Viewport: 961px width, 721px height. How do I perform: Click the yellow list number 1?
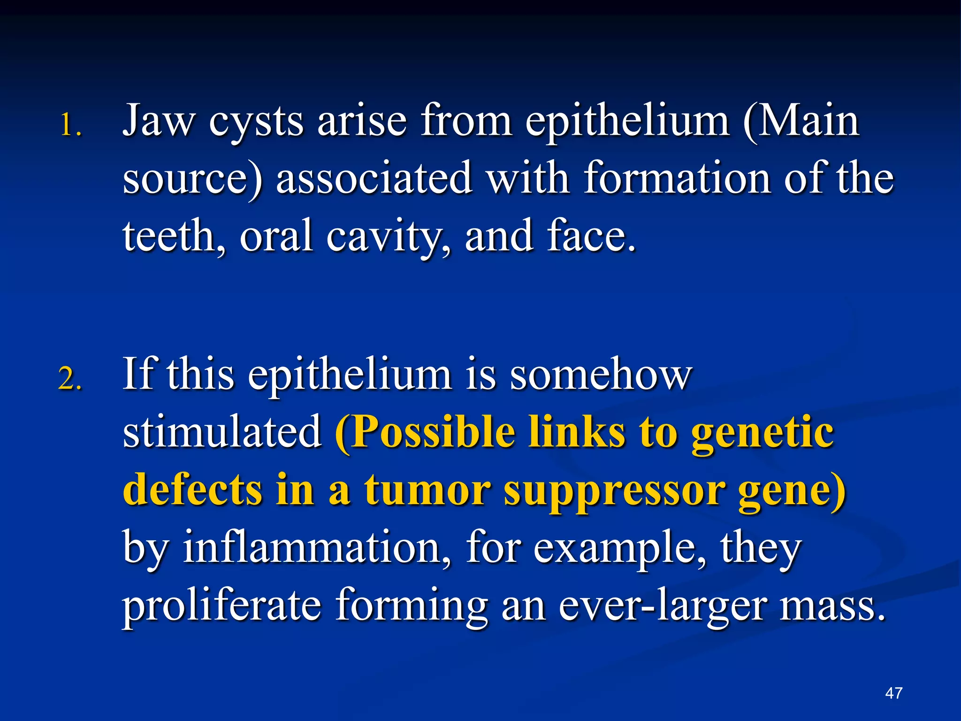click(70, 126)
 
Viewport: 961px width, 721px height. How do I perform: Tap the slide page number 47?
click(893, 693)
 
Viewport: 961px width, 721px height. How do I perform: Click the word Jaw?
click(158, 121)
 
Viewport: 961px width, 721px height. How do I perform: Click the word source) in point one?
click(192, 179)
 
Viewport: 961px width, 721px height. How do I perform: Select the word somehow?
click(601, 374)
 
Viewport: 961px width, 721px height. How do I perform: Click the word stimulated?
click(222, 432)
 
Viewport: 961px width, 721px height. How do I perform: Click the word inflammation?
click(317, 547)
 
